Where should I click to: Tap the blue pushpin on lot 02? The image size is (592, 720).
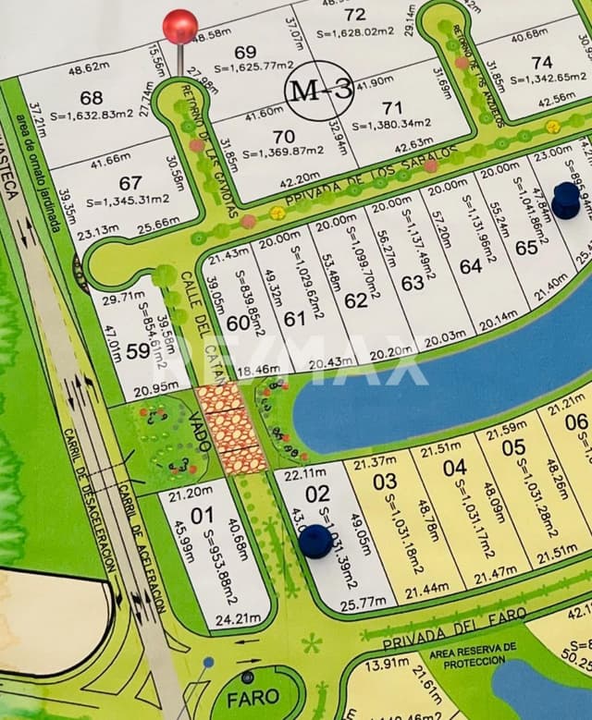coord(315,541)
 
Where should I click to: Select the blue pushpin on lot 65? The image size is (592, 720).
coord(565,198)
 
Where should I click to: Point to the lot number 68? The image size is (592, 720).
coord(91,98)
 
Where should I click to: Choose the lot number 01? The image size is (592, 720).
coord(202,515)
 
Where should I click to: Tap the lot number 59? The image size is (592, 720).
coord(138,351)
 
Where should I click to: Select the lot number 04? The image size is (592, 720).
coord(454,468)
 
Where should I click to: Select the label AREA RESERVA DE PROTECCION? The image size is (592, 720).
coord(473,654)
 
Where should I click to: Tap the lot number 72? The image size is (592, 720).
coord(354,14)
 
